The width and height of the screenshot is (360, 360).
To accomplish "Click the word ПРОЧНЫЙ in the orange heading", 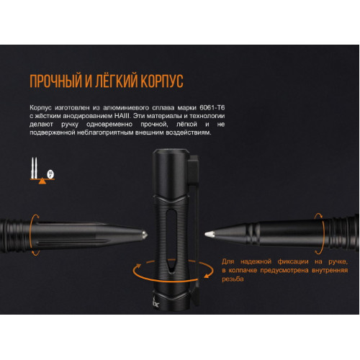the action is coord(55,81).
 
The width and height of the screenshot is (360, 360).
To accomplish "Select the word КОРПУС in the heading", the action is coord(162,81).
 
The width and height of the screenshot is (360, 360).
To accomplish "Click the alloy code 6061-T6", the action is coord(212,107).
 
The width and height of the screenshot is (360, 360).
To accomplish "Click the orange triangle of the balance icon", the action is coord(42,181).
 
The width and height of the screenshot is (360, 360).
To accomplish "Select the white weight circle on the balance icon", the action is coord(50,174).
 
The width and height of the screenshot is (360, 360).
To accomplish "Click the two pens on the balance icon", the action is coord(34,168).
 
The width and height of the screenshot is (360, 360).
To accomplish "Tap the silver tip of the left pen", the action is coord(144,235).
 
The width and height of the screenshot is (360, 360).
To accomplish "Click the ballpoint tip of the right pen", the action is coord(209,234).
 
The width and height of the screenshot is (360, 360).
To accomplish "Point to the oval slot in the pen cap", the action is coord(171,240).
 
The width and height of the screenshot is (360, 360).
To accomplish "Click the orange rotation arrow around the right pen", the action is coord(323,233).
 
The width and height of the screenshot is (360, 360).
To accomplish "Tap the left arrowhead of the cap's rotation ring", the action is coord(138,266).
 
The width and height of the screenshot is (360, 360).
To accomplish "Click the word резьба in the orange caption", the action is coord(233,279).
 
